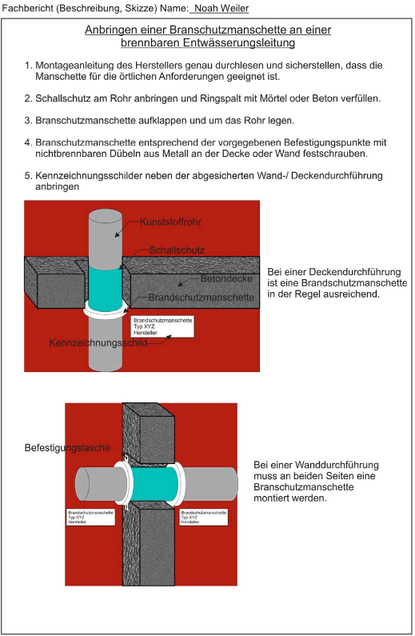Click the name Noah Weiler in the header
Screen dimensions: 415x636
[x=221, y=8]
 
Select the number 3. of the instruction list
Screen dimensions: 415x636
[x=28, y=121]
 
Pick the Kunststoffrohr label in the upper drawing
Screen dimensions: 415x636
[x=170, y=222]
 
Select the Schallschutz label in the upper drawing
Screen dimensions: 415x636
[x=177, y=250]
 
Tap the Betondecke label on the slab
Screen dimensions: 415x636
[x=226, y=278]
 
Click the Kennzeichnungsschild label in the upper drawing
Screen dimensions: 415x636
[x=98, y=342]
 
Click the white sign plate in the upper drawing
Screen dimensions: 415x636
[x=162, y=326]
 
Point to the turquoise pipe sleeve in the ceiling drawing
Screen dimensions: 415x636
[x=105, y=286]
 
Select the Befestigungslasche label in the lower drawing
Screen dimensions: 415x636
[x=67, y=448]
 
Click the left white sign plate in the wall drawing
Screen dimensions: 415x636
[x=91, y=518]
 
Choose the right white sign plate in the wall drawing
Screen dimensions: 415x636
[x=203, y=518]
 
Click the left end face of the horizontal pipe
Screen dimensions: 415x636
[x=82, y=484]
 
